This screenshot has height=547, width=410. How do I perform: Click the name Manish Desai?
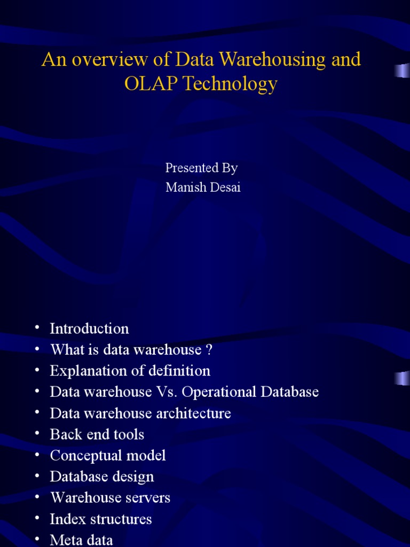pos(203,187)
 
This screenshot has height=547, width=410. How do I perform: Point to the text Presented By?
pos(201,168)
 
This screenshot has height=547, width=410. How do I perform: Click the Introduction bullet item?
pos(89,329)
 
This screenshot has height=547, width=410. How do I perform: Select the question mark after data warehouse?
pos(209,350)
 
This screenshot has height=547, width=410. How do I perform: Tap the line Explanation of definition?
pos(130,371)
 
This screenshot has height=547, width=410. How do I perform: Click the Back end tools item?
pos(97,434)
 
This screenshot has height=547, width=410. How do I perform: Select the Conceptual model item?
pos(107,456)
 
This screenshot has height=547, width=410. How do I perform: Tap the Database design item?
pos(101,476)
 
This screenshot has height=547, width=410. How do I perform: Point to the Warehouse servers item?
pos(110,498)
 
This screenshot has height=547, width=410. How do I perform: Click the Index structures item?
pos(100,519)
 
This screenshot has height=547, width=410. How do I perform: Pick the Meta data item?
pos(81,540)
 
